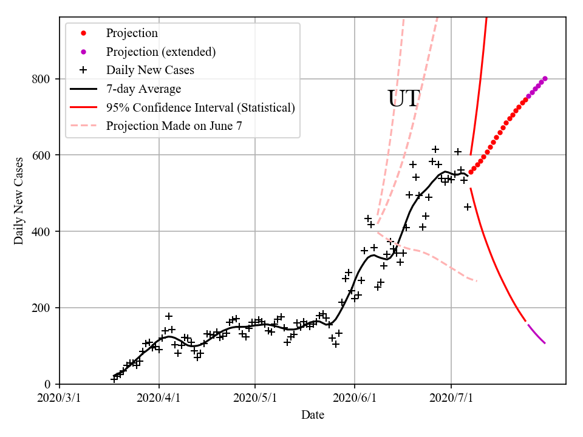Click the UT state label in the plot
pos(403,99)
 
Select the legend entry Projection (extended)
pos(161,52)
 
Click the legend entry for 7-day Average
pos(143,89)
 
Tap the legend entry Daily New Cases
pos(150,70)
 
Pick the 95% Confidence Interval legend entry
pos(200,107)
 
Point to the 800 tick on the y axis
pos(42,79)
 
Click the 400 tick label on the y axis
pos(42,232)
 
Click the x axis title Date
pos(312,416)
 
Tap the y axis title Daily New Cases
pos(19,200)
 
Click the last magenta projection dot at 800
pos(545,78)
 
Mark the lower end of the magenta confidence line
pos(545,343)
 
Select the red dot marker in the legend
pos(84,33)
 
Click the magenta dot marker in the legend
pos(84,52)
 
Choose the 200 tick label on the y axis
pos(42,308)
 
